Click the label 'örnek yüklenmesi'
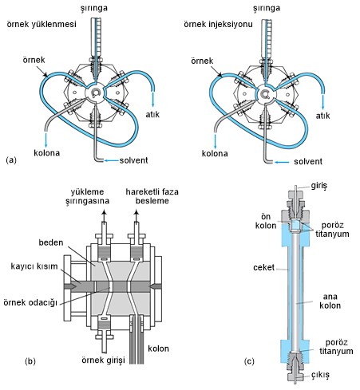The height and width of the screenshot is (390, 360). pos(42,24)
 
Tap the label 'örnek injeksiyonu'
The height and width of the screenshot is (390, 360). pos(218,24)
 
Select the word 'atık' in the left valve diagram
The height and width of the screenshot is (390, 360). pos(152,114)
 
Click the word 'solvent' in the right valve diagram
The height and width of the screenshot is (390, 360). pos(308,161)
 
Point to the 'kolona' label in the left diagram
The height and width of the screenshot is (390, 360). pos(46,153)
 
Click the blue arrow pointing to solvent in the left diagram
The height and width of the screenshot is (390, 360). pos(111,160)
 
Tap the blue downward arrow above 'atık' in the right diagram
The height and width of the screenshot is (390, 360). pos(323,101)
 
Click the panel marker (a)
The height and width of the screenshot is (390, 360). pos(11,160)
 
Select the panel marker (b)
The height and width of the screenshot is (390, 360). pos(30,361)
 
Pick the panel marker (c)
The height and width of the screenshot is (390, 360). pos(249,361)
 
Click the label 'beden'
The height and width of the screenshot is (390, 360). pos(51,242)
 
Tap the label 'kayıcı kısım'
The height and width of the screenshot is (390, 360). pos(34,266)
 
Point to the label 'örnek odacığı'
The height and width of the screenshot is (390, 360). pos(30,302)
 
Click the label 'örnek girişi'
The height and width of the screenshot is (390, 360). pos(103,360)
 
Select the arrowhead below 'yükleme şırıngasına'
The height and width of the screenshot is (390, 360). pos(104,212)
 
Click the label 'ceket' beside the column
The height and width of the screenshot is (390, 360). pos(263,267)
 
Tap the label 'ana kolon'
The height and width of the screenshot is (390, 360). pos(330,301)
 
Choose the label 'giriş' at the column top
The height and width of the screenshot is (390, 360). pos(319,186)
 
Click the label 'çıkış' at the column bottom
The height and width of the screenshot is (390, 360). pos(321,375)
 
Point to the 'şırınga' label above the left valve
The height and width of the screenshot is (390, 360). pos(94,8)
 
